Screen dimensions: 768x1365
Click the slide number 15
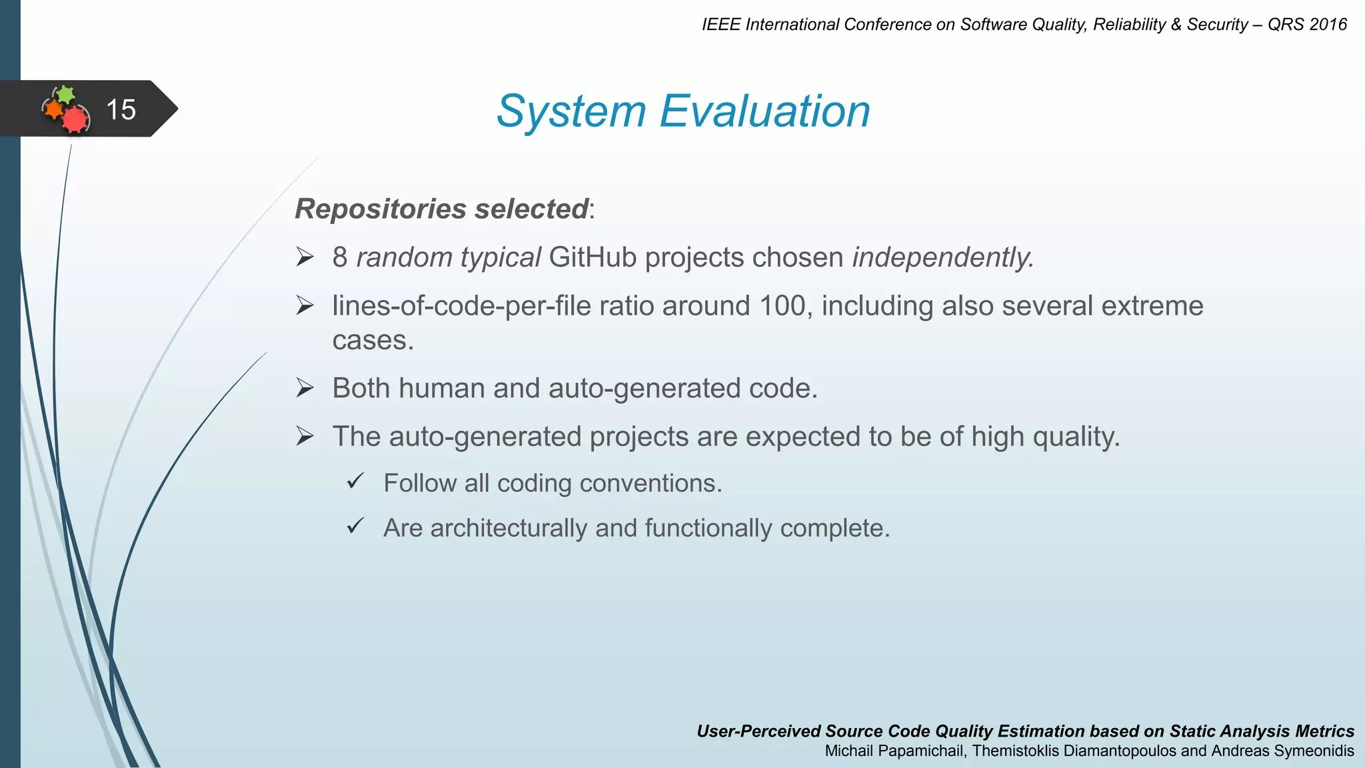coord(121,109)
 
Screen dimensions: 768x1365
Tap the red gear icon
coord(75,119)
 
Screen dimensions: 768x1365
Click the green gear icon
coord(65,94)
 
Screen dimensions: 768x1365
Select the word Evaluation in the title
coord(764,111)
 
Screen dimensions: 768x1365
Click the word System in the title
coord(571,111)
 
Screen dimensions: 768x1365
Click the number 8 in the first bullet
coord(340,257)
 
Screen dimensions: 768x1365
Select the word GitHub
coord(593,257)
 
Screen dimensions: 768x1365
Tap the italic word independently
coord(942,257)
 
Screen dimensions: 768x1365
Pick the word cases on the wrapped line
coord(373,341)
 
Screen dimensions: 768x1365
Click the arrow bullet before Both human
coord(305,387)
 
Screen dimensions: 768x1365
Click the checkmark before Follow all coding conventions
coord(355,481)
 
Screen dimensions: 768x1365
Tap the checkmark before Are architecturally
coord(355,526)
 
